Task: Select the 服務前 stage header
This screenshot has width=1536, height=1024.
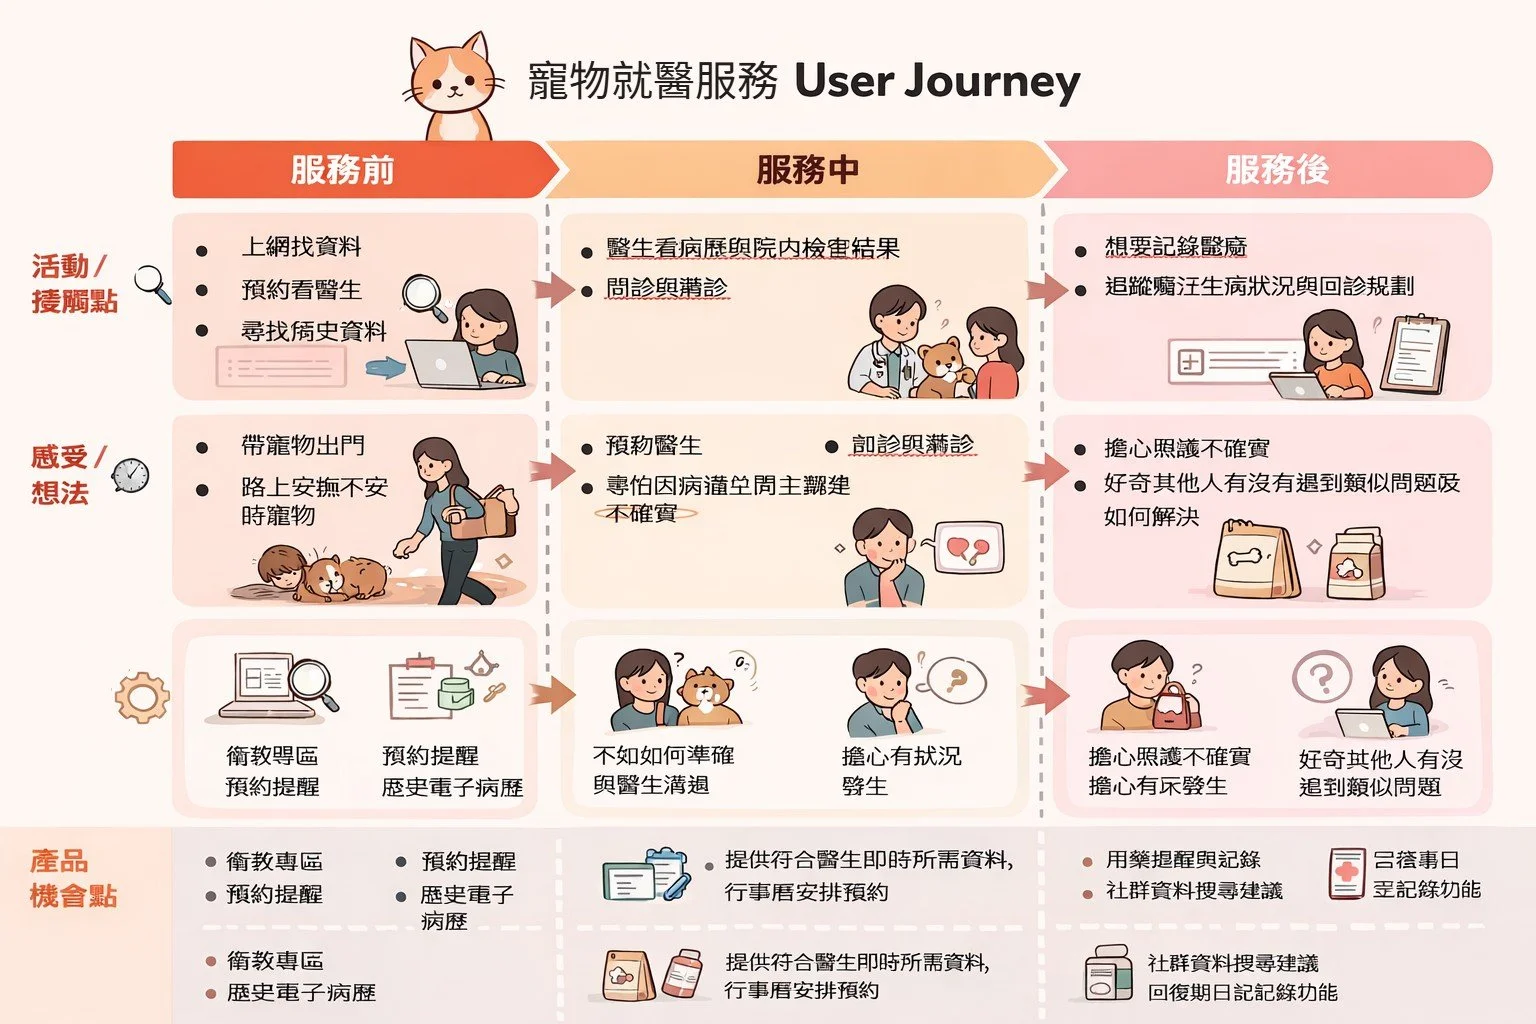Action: coord(343,170)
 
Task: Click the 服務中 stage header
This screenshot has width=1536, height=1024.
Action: coord(807,170)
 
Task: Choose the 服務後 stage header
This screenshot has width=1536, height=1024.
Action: coord(1277,170)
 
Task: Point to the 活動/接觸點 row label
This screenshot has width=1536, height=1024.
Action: coord(74,284)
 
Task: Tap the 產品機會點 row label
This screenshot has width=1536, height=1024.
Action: coord(73,878)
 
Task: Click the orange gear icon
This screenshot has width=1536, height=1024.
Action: coord(141,697)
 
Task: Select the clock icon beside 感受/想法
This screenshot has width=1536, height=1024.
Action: coord(130,476)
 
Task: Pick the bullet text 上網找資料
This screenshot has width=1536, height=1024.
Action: coord(301,247)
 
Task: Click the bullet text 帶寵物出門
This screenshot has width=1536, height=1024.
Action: coord(303,445)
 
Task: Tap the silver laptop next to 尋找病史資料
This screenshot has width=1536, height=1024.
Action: coord(443,364)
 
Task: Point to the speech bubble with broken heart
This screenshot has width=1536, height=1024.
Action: coord(968,548)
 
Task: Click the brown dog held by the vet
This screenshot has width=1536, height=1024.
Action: coord(940,367)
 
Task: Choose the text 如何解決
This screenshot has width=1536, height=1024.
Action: coord(1151,517)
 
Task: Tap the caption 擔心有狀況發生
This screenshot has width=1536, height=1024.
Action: coord(901,771)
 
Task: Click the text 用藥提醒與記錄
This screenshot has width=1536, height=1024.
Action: coord(1182,860)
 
